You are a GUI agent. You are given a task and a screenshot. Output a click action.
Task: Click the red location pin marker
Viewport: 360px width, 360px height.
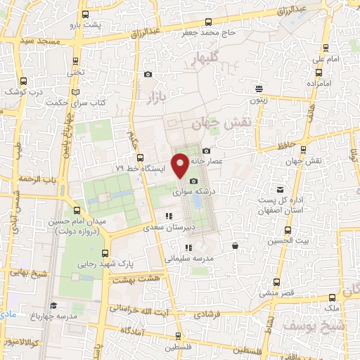(181, 165)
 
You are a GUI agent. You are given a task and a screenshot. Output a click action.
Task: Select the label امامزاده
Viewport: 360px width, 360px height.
(319, 84)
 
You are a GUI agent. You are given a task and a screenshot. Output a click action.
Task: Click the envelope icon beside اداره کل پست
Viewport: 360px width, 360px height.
(281, 190)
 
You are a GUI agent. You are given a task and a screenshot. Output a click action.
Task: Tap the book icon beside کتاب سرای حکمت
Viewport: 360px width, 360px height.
(75, 92)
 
